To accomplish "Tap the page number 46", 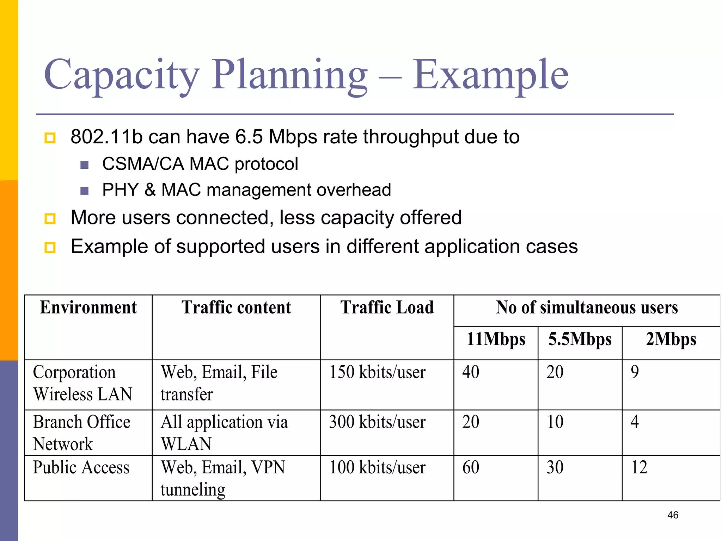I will click(x=673, y=515).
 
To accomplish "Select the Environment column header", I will click(x=88, y=307).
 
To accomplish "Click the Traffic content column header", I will click(x=236, y=307).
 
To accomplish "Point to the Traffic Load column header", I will click(x=387, y=307).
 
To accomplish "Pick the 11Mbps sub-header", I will click(x=496, y=340).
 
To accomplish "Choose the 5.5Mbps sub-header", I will click(x=580, y=340).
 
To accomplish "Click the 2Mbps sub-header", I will click(x=671, y=340).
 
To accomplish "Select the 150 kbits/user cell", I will click(x=377, y=372).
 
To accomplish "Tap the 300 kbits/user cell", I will click(x=377, y=422).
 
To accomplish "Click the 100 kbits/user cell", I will click(x=377, y=468).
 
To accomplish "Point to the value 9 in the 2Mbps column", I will click(x=635, y=372).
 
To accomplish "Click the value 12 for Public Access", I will click(x=639, y=468).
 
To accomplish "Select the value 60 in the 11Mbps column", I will click(x=471, y=468).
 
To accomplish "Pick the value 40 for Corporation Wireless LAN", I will click(x=471, y=372).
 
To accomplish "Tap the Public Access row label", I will click(x=81, y=468).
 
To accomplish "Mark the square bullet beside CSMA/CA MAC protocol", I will click(x=84, y=165).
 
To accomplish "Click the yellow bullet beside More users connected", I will click(x=50, y=219).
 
